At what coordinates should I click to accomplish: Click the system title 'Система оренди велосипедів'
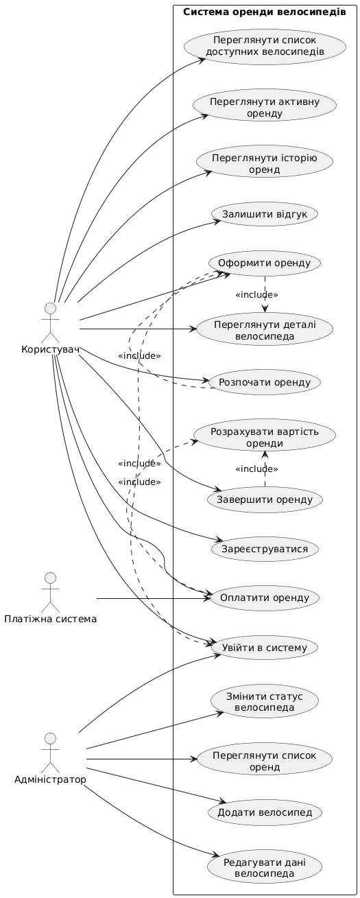coord(264,12)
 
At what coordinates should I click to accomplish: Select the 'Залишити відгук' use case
coord(265,214)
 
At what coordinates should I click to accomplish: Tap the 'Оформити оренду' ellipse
coord(265,263)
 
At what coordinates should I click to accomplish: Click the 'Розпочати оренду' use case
coord(265,381)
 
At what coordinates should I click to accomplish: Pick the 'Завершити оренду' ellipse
coord(265,499)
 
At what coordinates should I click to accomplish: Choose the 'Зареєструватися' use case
coord(265,549)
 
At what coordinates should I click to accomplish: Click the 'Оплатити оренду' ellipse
coord(265,598)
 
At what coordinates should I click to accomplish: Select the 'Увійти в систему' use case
coord(265,647)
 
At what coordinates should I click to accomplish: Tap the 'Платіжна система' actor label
coord(49,619)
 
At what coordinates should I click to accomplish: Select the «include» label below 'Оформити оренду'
coord(256,295)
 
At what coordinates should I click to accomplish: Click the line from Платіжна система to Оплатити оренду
coord(151,599)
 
